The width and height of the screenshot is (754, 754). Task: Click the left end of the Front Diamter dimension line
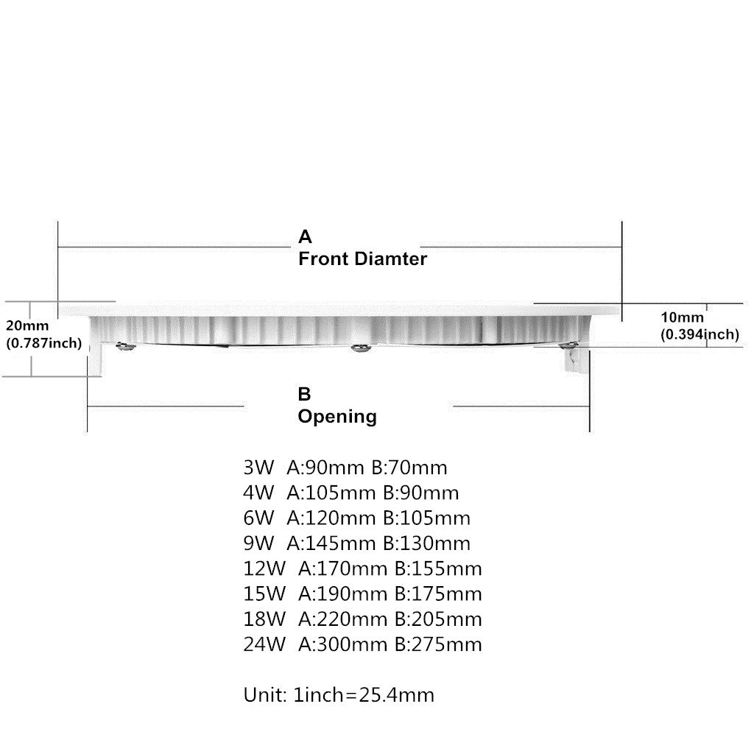[x=57, y=247]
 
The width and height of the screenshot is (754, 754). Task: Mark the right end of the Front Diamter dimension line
[x=621, y=247]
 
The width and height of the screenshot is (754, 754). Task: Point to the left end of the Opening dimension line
[x=87, y=406]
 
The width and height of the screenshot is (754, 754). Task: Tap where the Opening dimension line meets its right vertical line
[x=590, y=406]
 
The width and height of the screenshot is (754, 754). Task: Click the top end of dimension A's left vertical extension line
[x=57, y=222]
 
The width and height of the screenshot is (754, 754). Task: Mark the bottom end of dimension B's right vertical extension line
[x=590, y=432]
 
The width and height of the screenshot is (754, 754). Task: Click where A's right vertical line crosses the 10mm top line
[x=621, y=303]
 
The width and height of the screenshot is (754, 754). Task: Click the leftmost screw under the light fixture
[x=124, y=346]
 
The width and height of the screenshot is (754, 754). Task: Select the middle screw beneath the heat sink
[x=359, y=348]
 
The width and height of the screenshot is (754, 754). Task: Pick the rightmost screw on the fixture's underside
[x=568, y=345]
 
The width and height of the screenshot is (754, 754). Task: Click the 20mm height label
[x=27, y=325]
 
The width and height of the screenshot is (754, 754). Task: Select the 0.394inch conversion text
[x=700, y=334]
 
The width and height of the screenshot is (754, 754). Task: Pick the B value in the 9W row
[x=426, y=543]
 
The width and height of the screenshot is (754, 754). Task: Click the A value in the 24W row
[x=343, y=644]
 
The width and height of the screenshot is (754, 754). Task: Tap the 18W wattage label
[x=264, y=619]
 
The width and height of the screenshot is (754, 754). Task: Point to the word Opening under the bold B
[x=337, y=417]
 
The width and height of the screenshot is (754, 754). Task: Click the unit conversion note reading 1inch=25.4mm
[x=364, y=695]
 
